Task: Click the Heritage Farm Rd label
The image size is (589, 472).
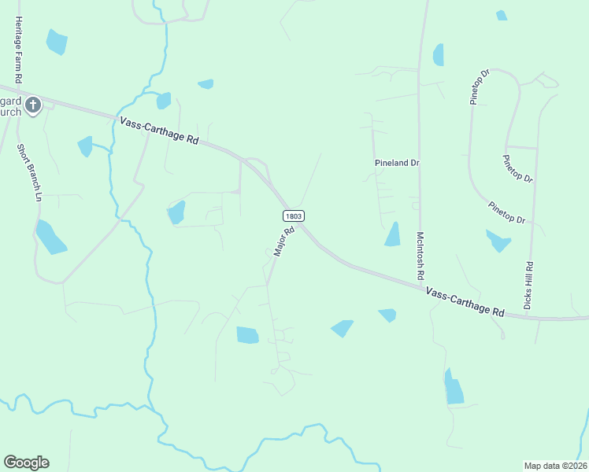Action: (17, 49)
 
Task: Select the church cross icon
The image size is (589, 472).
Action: (32, 105)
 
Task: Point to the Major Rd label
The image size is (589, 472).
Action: (283, 242)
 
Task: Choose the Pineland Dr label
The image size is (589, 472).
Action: (397, 163)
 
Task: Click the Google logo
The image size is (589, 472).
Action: (26, 463)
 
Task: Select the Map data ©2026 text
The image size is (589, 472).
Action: (555, 465)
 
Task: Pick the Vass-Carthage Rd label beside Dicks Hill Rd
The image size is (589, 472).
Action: (465, 301)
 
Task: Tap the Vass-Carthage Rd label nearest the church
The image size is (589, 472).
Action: (159, 130)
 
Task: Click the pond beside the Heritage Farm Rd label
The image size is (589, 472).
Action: (57, 42)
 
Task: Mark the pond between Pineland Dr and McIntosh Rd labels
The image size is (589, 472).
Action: (393, 234)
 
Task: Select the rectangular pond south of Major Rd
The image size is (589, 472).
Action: (247, 334)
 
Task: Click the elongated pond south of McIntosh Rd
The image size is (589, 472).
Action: (454, 388)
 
